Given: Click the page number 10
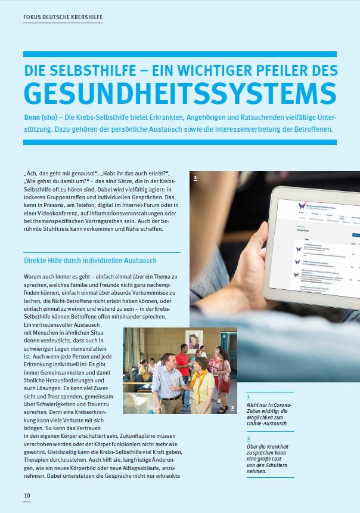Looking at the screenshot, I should tap(27, 496).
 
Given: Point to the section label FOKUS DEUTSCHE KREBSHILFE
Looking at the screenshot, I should tap(63, 17).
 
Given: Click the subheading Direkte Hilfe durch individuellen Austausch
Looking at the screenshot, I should tap(90, 261).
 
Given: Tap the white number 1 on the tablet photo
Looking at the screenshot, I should tap(195, 177).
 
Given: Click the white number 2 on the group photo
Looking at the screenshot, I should tap(232, 409).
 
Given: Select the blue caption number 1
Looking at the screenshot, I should tap(249, 395).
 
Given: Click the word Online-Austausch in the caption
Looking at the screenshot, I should tap(268, 424).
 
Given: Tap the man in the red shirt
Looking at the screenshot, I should tap(182, 372).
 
